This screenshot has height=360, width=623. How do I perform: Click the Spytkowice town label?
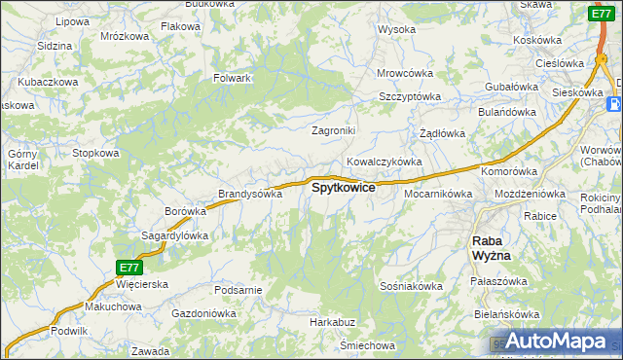pos(343,188)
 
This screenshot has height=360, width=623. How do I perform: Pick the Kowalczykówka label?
pos(384,162)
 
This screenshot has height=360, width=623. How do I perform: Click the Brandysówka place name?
pos(249,194)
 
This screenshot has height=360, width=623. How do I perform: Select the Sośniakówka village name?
pos(412,286)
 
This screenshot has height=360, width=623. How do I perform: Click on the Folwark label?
pos(233,78)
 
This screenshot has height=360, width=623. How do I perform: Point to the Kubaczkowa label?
pos(47,83)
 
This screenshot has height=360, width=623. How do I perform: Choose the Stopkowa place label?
pos(95,153)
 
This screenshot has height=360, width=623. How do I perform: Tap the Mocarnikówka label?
pos(437,194)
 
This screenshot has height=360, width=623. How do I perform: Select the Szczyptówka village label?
pos(410,97)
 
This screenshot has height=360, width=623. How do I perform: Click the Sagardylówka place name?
pos(176,235)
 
